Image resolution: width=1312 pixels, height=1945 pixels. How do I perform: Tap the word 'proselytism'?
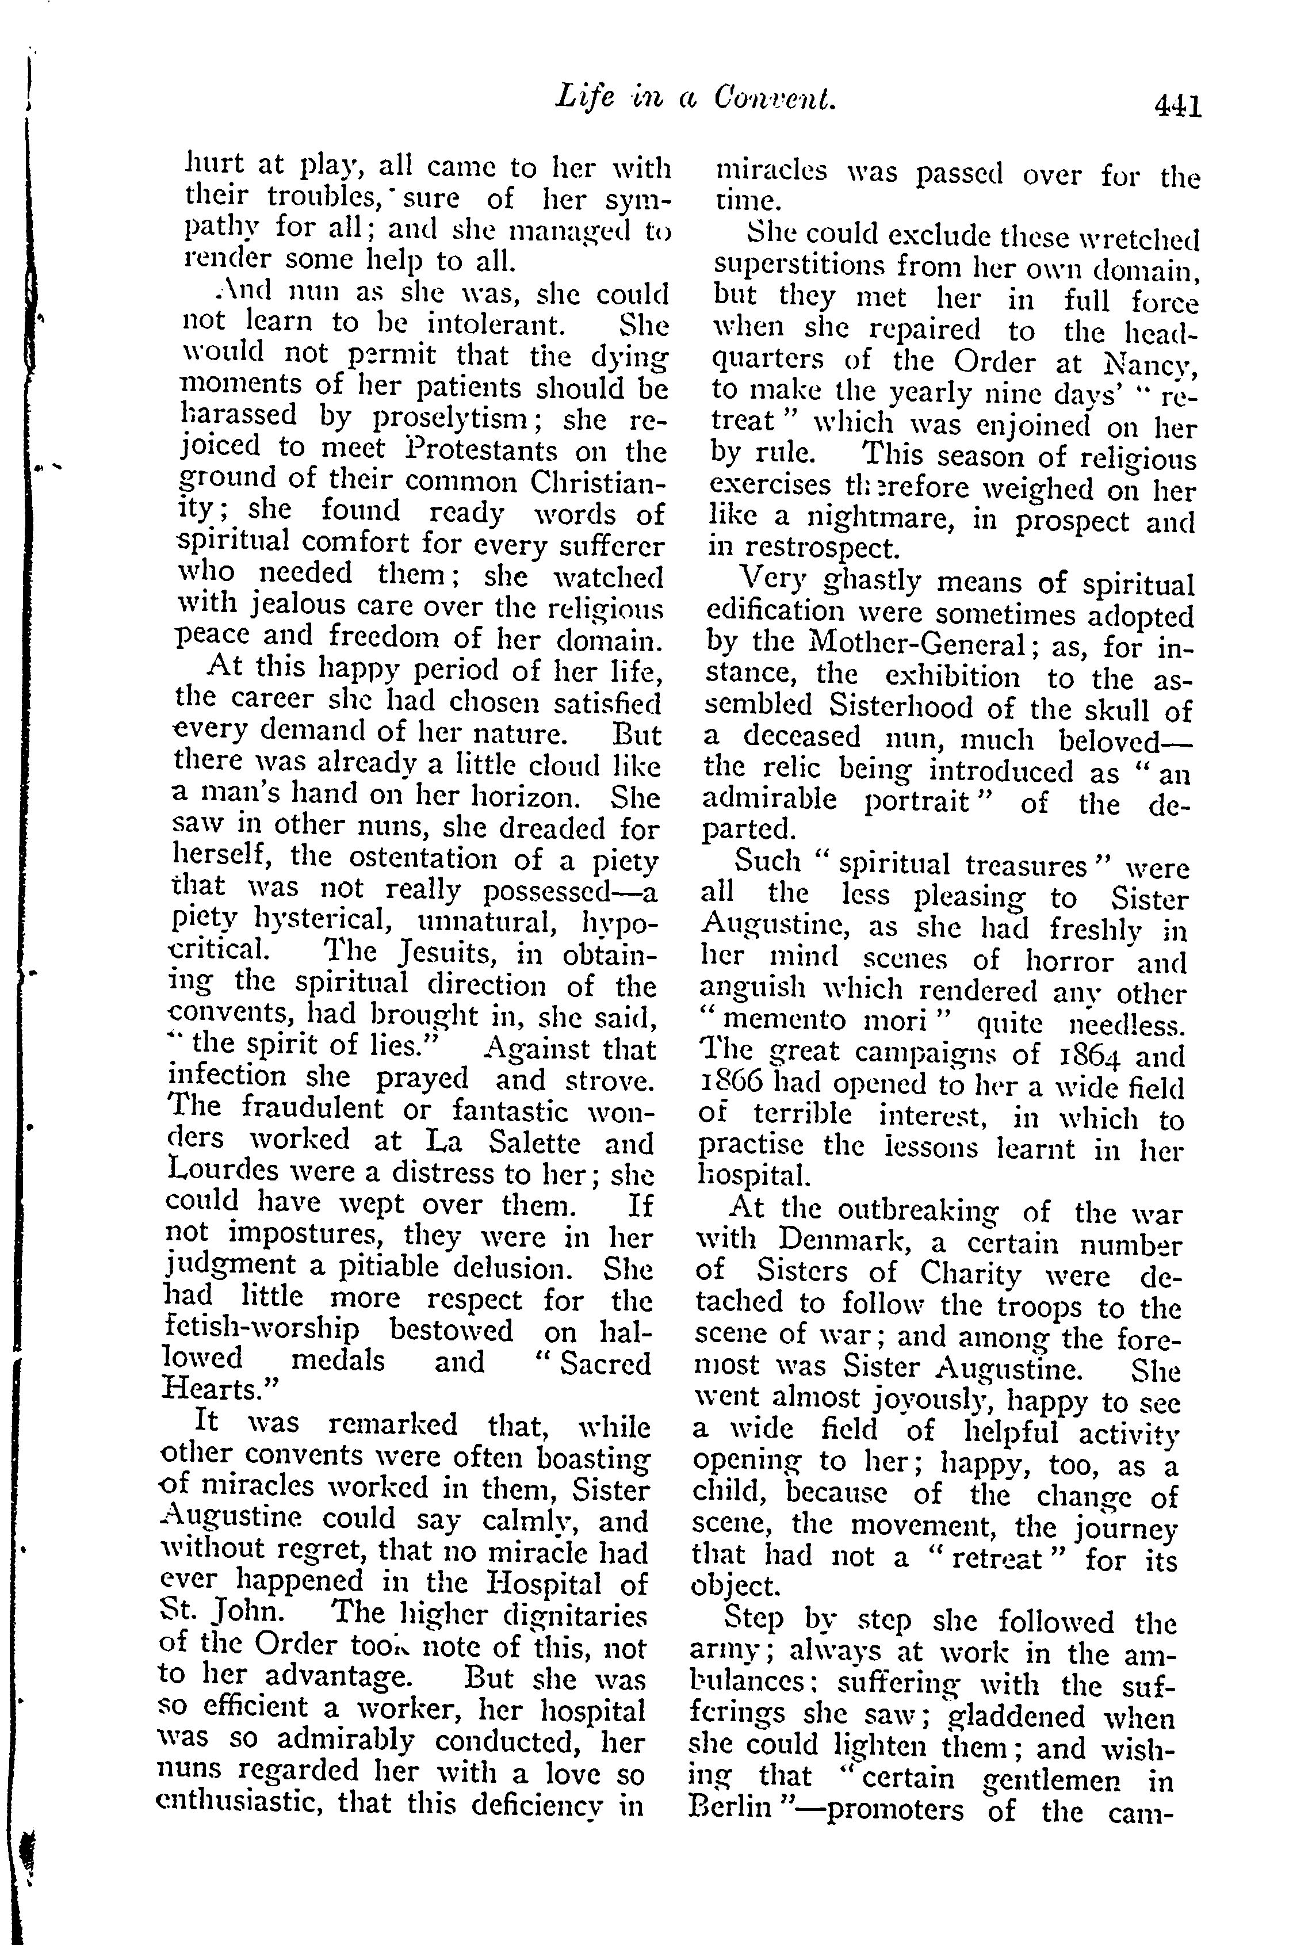coord(451,416)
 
